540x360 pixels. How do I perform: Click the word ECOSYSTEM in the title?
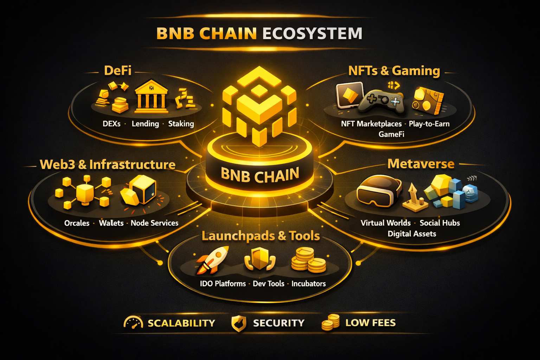coord(312,34)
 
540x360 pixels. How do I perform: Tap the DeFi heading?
coord(118,71)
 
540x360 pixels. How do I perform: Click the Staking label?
coord(181,124)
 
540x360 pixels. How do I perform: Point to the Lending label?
coord(145,124)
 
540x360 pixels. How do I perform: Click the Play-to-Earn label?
coord(429,124)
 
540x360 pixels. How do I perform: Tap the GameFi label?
coord(391,134)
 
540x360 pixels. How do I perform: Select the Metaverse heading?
coord(421,164)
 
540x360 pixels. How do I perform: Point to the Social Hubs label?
coord(440,223)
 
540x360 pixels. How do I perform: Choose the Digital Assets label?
coord(412,234)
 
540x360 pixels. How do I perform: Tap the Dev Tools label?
coord(269,284)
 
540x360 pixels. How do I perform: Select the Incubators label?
coord(309,284)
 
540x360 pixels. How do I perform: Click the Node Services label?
coord(154,223)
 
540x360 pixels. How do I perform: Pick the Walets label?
coord(111,223)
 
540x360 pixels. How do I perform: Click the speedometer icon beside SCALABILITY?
coord(133,322)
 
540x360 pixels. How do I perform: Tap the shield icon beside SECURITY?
coord(239,323)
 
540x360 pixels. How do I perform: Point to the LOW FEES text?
coord(371,323)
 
